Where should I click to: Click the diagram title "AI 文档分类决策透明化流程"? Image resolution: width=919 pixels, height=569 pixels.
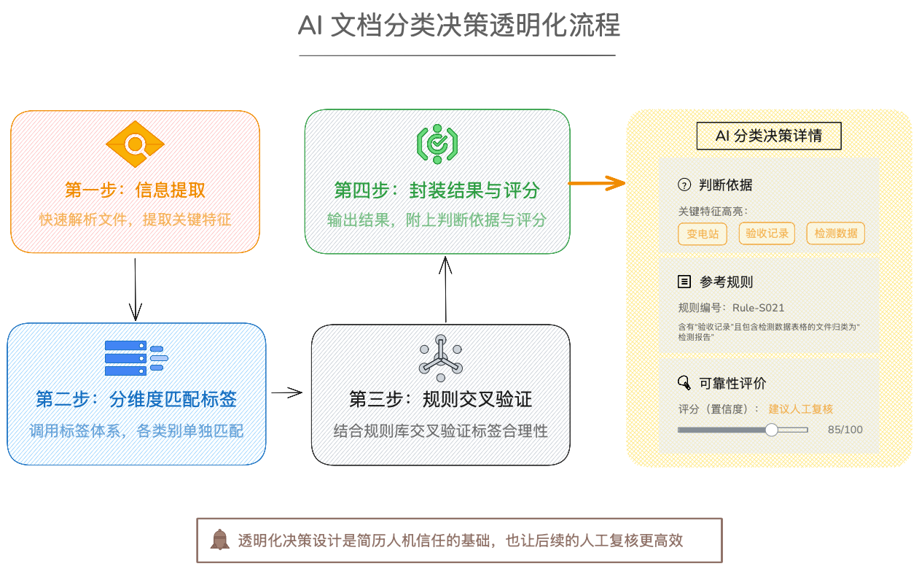click(x=459, y=26)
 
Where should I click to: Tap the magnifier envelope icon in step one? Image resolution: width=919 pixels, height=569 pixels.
click(x=135, y=146)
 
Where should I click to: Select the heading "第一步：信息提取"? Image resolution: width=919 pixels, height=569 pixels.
click(x=135, y=190)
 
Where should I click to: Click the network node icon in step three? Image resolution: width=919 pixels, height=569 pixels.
click(x=440, y=358)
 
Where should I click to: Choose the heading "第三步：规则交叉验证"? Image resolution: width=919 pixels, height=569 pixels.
click(x=440, y=399)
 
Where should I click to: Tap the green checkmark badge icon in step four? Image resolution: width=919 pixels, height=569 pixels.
click(x=437, y=143)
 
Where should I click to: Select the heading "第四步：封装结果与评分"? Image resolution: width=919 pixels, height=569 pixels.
click(x=437, y=190)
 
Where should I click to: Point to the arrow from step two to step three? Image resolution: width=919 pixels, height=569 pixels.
click(x=287, y=393)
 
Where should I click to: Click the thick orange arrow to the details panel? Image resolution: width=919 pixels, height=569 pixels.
click(x=597, y=183)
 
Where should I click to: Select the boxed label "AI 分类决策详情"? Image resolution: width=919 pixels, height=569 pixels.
click(x=769, y=136)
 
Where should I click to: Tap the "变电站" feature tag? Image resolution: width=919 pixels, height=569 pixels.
click(x=703, y=233)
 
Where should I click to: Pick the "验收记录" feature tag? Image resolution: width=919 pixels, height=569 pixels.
click(x=764, y=233)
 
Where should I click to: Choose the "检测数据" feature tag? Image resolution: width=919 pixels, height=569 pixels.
click(x=835, y=233)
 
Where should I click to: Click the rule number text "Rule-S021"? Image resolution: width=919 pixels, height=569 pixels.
click(x=758, y=308)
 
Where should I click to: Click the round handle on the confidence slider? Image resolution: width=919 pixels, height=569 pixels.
click(x=771, y=430)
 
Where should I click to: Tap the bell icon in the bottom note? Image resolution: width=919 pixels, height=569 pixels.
click(x=219, y=540)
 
